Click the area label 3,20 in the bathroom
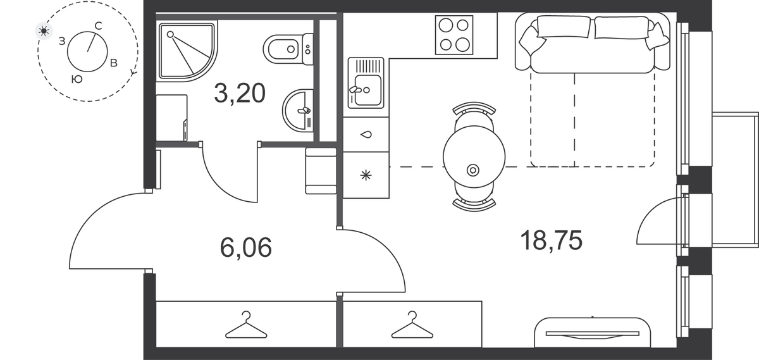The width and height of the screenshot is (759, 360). click(x=240, y=94)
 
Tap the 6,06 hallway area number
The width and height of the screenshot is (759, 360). click(x=245, y=247)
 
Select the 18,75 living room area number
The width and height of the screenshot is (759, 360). click(x=551, y=240)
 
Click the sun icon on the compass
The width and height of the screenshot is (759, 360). click(x=44, y=31)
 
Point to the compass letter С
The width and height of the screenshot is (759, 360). click(x=98, y=26)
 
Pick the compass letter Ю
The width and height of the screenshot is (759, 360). click(x=77, y=79)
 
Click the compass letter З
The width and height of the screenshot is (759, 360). click(x=62, y=41)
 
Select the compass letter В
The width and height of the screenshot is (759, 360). click(x=114, y=63)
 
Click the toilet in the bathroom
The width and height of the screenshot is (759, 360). click(x=288, y=49)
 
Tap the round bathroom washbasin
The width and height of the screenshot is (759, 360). click(x=298, y=110)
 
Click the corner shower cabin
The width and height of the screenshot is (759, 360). click(x=187, y=51)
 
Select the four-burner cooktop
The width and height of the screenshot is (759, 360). click(x=454, y=35)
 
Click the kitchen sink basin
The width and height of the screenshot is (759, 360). click(x=366, y=83)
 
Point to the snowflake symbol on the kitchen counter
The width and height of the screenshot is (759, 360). click(x=366, y=175)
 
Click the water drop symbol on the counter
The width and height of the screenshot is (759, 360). click(x=366, y=135)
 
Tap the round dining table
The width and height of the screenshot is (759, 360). click(x=474, y=157)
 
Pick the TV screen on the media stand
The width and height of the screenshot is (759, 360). click(x=593, y=334)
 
